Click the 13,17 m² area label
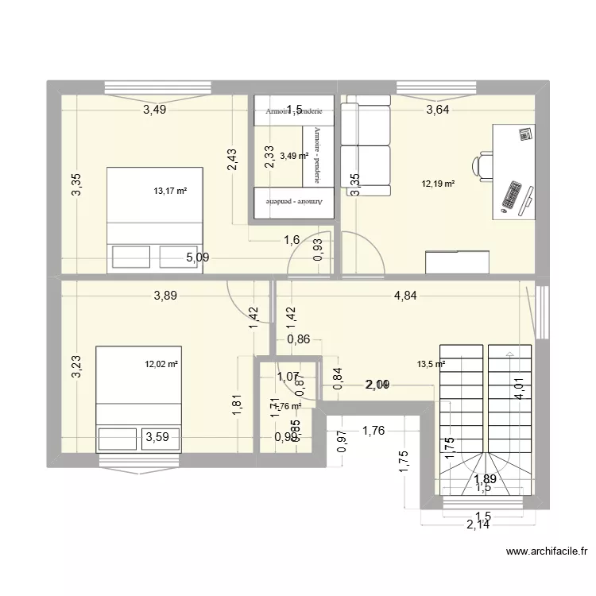pos(169,191)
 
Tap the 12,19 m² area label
pos(438,184)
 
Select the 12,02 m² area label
pos(161,365)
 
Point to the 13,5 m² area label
pos(431,365)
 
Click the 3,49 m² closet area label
pos(293,156)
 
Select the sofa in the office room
pos(366,145)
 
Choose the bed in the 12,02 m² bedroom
pos(139,397)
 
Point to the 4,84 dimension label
pos(405,296)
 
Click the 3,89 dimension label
pos(165,296)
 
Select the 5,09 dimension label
pos(199,257)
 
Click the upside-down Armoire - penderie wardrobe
pos(293,203)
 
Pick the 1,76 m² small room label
pos(287,406)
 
